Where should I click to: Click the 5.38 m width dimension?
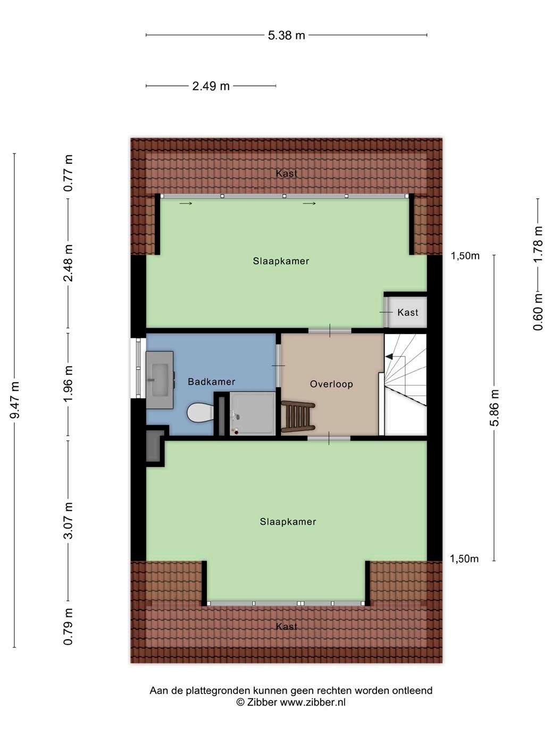click(x=286, y=35)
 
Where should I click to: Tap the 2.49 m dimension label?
click(x=211, y=86)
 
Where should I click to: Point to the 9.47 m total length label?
click(x=15, y=400)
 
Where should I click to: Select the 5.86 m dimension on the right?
click(x=495, y=407)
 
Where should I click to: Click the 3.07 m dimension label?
click(x=68, y=521)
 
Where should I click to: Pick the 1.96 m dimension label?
click(x=68, y=383)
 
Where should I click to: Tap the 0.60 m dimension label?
click(x=538, y=312)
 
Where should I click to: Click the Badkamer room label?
click(x=212, y=382)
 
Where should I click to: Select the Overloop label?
click(x=331, y=384)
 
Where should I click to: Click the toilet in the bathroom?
click(x=200, y=412)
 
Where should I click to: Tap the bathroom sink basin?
click(x=160, y=380)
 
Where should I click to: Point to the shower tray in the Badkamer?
click(x=252, y=414)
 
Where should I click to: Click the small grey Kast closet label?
click(x=408, y=313)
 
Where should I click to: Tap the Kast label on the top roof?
click(x=287, y=173)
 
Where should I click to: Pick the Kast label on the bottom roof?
click(x=287, y=626)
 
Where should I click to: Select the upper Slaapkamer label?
click(x=281, y=261)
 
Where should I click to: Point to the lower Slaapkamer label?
click(x=288, y=522)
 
